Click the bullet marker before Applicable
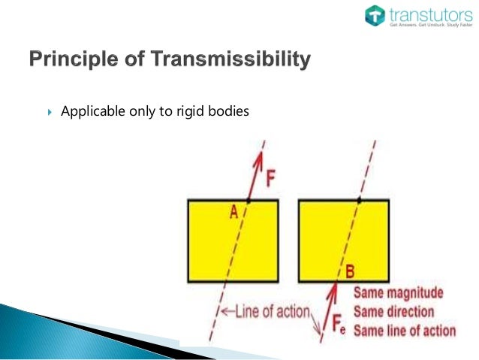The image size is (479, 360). (x=50, y=112)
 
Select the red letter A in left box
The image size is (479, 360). (x=233, y=213)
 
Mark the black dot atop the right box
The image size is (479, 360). (x=359, y=200)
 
